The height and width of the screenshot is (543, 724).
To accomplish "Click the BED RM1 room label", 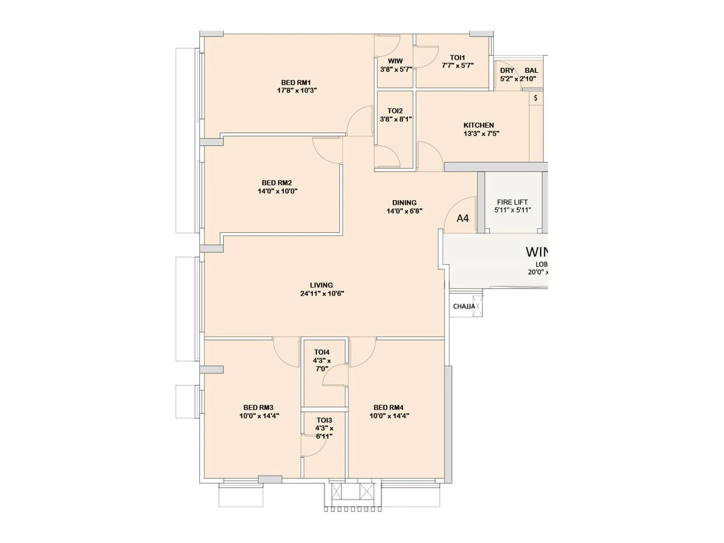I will [296, 82].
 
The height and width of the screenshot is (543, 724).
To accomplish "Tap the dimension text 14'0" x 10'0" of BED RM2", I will [277, 191].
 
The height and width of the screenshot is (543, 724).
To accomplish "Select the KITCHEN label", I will [478, 125].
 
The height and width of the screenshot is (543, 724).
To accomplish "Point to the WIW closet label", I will [395, 61].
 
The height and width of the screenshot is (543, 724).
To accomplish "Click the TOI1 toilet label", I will [457, 57].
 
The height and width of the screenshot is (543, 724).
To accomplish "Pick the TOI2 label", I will [395, 111].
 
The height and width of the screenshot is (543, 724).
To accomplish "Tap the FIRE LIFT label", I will [512, 202].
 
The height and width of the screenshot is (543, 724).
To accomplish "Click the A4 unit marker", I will [462, 219].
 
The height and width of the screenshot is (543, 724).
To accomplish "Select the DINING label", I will [404, 203].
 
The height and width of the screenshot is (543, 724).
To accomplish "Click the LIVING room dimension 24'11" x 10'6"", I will [322, 293].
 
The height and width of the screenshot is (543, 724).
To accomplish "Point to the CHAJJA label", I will [463, 306].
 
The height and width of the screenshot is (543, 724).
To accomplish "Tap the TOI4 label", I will [322, 352].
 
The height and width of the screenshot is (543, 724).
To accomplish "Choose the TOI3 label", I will [324, 420].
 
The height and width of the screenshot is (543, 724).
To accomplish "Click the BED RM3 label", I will [258, 407].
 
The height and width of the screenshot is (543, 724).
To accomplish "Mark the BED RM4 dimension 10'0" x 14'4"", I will [389, 415].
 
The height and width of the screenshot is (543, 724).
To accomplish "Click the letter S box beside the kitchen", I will [536, 98].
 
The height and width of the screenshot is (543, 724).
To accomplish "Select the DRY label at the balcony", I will [507, 71].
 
